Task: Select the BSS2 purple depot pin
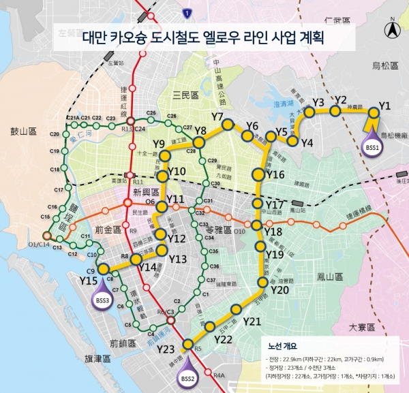pyautogui.click(x=187, y=376)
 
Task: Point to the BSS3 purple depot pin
pyautogui.click(x=103, y=300)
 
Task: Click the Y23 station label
pyautogui.click(x=166, y=349)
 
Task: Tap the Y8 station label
pyautogui.click(x=200, y=130)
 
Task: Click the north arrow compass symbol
pyautogui.click(x=391, y=30)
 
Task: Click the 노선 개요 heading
pyautogui.click(x=285, y=345)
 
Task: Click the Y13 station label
pyautogui.click(x=178, y=260)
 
